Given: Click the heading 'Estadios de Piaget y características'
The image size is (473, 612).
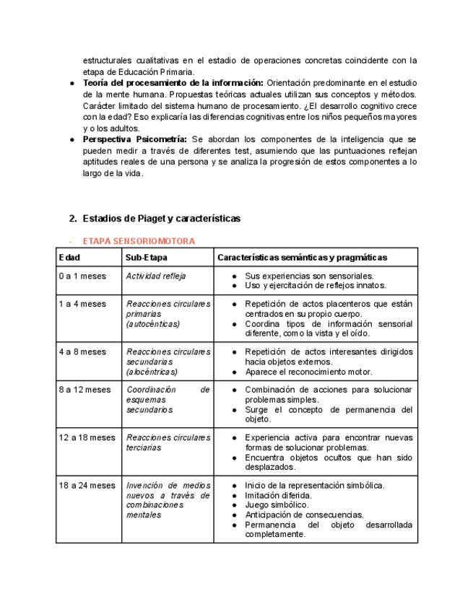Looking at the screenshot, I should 161,218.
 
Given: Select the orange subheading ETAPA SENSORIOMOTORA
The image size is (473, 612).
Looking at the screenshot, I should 138,241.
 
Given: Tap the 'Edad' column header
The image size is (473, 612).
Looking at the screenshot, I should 70,258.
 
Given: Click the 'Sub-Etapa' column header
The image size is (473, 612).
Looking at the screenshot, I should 147,258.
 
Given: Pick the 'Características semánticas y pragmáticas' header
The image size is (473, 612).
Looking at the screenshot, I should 302,258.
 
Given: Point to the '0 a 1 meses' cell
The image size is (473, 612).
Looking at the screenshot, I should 82,276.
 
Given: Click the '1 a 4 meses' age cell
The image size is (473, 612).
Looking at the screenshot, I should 82,304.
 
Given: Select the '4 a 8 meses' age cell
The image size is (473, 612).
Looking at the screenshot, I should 82,352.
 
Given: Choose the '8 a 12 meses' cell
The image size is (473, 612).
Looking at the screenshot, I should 85,390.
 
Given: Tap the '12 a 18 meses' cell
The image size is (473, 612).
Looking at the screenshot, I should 87,437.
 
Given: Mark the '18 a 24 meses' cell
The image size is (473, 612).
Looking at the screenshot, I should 87,486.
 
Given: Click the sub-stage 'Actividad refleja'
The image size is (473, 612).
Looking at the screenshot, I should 155,276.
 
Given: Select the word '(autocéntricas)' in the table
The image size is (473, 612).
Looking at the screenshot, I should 152,324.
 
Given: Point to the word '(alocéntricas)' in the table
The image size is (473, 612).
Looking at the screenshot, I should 152,372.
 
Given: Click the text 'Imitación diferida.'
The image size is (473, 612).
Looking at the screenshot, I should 279,496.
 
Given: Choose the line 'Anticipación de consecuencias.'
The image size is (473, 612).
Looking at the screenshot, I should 304,515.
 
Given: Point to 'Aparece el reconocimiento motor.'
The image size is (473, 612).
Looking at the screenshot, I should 308,372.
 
